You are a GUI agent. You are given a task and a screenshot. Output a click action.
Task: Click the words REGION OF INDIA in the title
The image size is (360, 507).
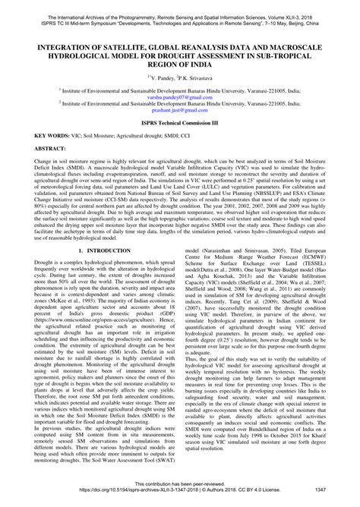[180, 63]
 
